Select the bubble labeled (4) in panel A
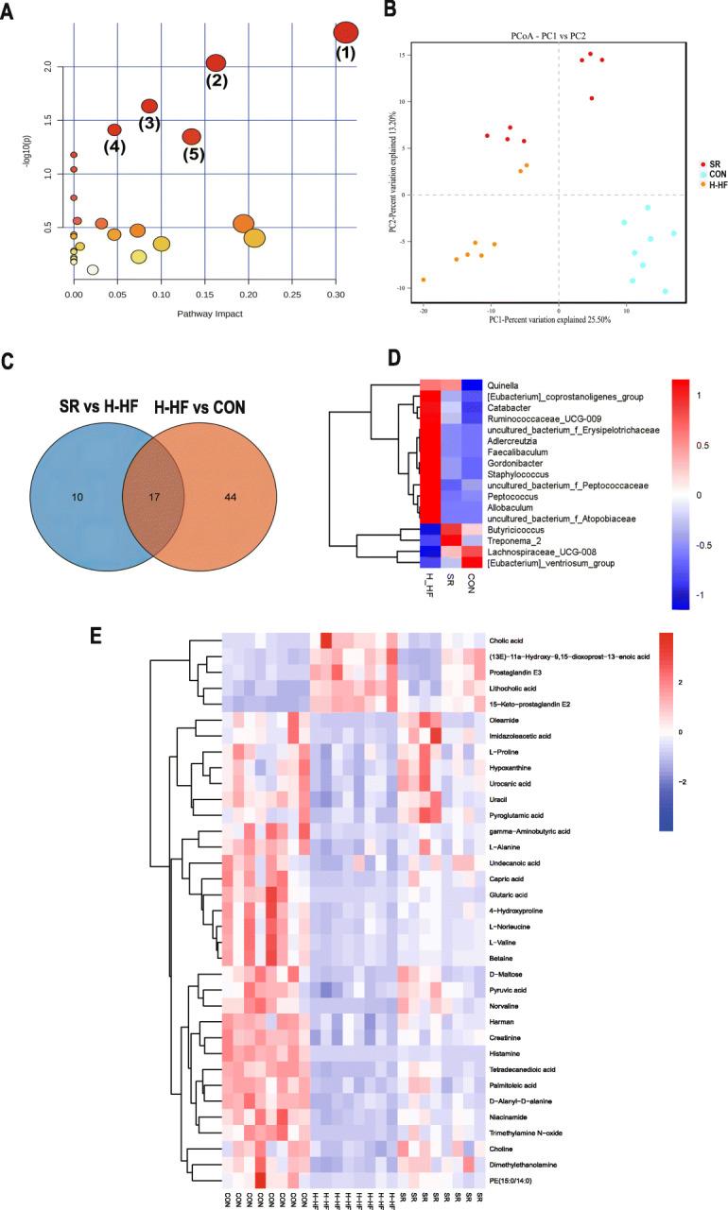point(114,129)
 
